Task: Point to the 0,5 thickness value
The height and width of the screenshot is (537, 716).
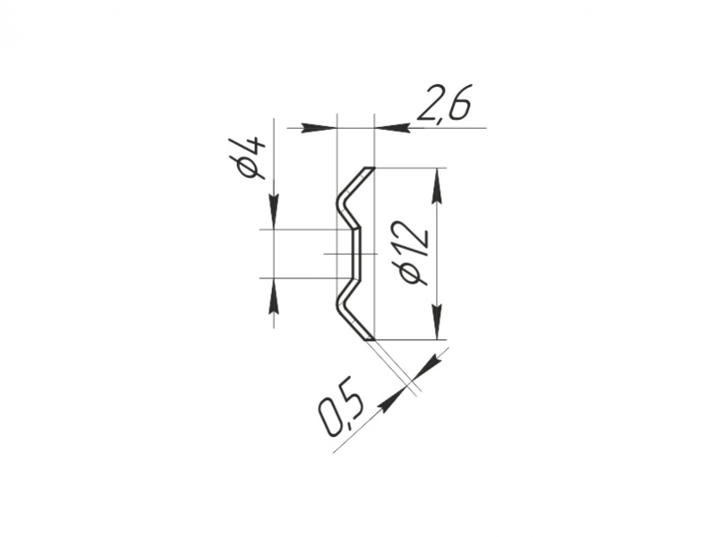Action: click(x=342, y=405)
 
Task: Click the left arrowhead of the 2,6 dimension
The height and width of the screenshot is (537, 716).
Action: click(x=319, y=128)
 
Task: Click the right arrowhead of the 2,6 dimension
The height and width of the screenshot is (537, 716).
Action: click(x=391, y=128)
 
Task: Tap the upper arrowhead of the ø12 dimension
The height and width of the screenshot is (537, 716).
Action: click(x=438, y=186)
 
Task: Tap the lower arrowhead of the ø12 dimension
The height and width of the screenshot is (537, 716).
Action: click(x=438, y=322)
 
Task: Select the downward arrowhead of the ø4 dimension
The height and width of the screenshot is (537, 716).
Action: click(x=274, y=211)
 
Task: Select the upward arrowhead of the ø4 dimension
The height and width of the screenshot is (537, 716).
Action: click(x=274, y=295)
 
